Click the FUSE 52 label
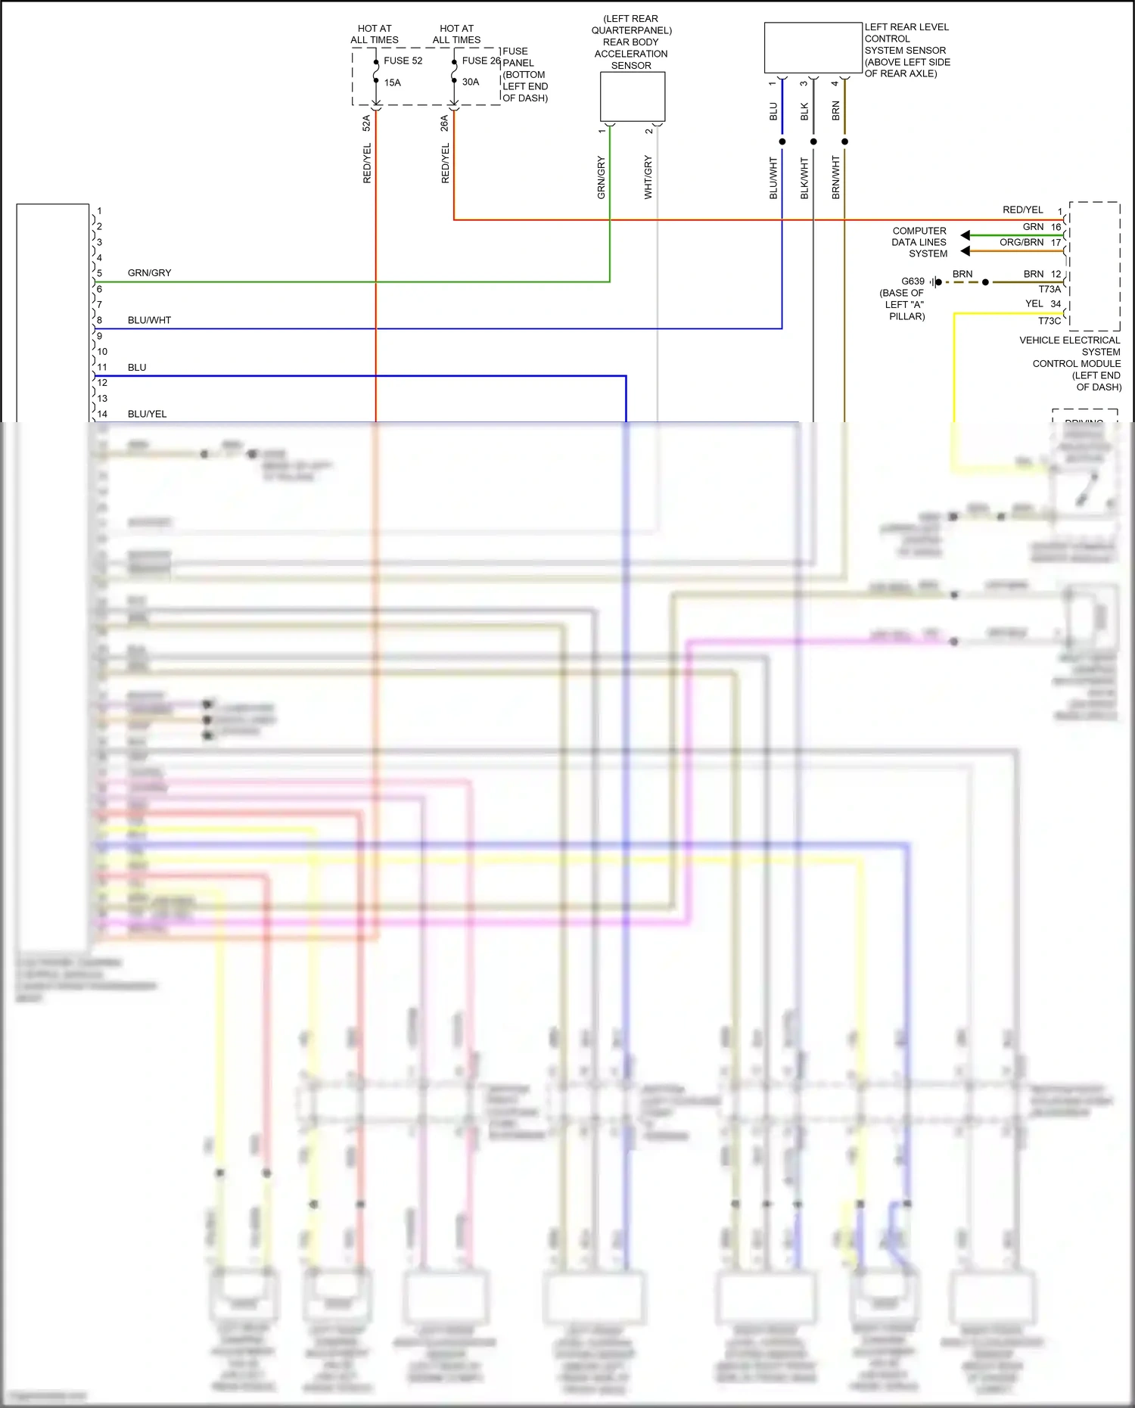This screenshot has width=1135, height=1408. [403, 61]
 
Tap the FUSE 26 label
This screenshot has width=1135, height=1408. [481, 61]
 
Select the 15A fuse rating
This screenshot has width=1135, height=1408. [392, 82]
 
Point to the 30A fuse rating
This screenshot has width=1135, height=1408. [471, 82]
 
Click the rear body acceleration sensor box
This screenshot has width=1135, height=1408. [633, 96]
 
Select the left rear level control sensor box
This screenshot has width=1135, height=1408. [813, 48]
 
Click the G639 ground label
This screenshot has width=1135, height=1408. [913, 281]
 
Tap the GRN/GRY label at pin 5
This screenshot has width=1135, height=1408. [149, 272]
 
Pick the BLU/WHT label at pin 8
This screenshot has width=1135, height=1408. [149, 320]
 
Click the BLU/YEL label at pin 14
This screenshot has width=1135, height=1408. [147, 414]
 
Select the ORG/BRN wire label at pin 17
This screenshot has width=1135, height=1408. [1022, 242]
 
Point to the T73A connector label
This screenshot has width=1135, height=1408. [1049, 289]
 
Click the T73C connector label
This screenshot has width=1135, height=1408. [1049, 321]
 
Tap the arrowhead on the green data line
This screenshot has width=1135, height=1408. [965, 235]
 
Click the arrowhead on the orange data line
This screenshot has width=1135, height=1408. [965, 250]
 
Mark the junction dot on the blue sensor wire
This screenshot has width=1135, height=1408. [782, 141]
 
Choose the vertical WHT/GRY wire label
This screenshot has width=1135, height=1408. [648, 177]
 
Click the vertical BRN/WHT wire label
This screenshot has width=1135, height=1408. [835, 177]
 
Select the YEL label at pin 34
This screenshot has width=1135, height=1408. [1034, 303]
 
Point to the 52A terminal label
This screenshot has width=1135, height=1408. [366, 123]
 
